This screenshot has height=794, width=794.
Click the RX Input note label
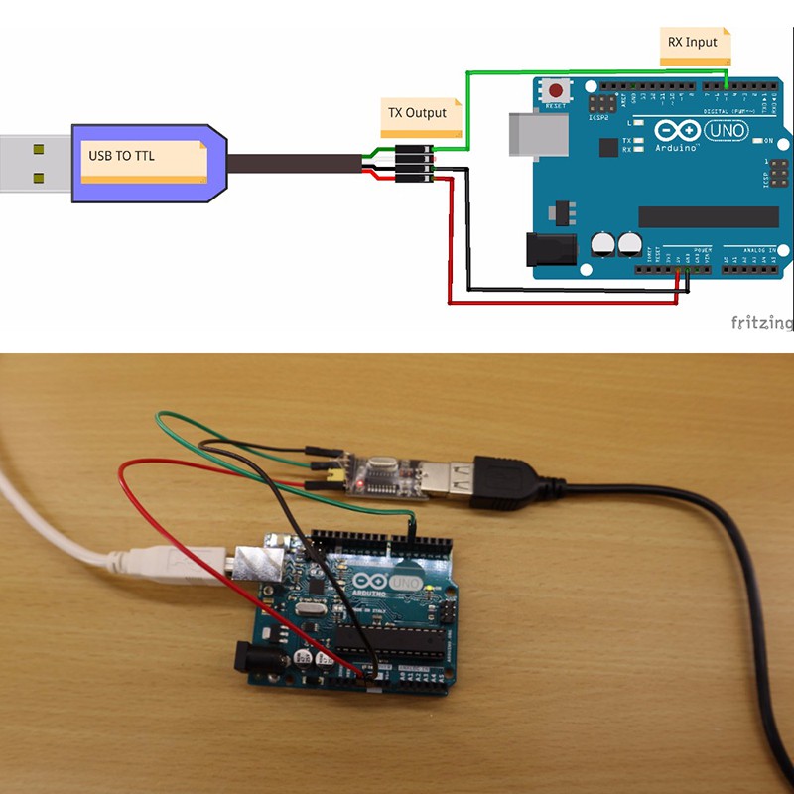click(695, 43)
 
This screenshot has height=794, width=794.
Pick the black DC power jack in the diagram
click(549, 248)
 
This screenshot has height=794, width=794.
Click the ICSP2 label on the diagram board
click(597, 117)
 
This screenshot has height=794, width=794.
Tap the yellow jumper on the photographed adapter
click(335, 481)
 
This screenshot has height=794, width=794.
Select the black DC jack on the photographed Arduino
click(243, 656)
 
